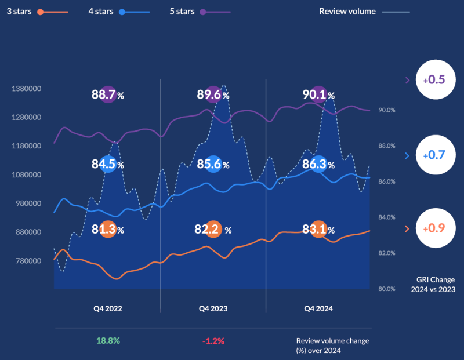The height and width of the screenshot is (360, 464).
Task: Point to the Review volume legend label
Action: point(347,11)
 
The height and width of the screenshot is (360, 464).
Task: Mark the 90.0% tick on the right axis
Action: point(387,110)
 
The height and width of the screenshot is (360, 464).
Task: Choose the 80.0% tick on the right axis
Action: point(387,289)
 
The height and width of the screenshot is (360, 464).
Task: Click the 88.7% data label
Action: point(108,94)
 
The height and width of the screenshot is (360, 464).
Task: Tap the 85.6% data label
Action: point(213,164)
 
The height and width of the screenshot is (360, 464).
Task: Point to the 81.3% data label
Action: point(108,229)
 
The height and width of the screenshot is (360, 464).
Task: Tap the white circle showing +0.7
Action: point(434,155)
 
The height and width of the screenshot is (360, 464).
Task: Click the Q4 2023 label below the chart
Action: point(213,309)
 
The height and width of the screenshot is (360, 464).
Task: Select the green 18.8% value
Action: point(108,341)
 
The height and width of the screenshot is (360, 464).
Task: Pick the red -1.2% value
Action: point(213,341)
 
